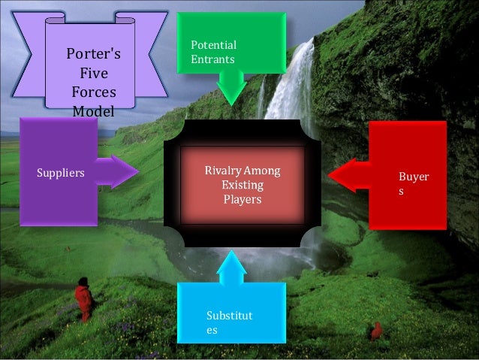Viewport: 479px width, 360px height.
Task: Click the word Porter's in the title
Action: (93, 55)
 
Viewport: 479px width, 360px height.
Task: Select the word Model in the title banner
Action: (93, 112)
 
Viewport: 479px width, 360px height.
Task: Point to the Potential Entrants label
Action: (213, 52)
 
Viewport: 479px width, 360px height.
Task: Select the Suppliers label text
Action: (61, 173)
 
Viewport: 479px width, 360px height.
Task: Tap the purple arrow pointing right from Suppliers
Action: (116, 172)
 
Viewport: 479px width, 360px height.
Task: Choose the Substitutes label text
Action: (230, 322)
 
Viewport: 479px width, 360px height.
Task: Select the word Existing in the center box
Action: (243, 186)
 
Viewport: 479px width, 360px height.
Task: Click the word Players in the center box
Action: (243, 200)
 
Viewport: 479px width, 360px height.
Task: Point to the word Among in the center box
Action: (262, 172)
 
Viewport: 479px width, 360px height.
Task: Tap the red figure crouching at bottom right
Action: (375, 330)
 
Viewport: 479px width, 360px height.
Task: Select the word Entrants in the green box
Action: (212, 59)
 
